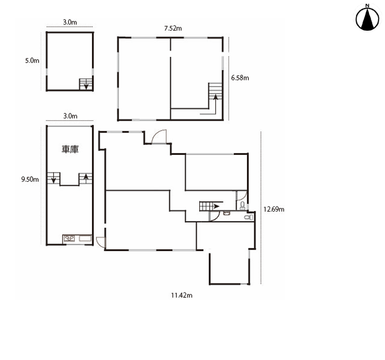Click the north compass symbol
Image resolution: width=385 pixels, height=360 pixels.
(x=367, y=18)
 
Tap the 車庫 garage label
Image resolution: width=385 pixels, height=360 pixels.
(x=70, y=149)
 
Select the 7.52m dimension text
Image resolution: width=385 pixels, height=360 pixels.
(x=173, y=28)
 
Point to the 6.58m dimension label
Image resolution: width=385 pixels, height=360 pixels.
(x=240, y=78)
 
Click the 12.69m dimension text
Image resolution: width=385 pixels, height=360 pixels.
(x=274, y=209)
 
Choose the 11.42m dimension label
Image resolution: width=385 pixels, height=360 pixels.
(x=182, y=295)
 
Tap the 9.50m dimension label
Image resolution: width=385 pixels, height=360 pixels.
(x=30, y=179)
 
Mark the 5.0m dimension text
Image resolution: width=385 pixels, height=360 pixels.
(x=32, y=61)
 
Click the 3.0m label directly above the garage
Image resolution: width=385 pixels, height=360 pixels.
(x=70, y=116)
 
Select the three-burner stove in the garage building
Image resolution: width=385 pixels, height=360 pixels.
(x=70, y=238)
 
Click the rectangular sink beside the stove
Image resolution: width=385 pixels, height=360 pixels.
(x=85, y=238)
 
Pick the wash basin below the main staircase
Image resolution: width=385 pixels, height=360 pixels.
(x=227, y=213)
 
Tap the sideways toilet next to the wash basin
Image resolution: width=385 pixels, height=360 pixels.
(x=249, y=217)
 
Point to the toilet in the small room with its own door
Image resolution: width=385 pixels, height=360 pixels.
(x=242, y=206)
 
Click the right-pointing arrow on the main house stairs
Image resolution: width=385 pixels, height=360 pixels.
(x=216, y=207)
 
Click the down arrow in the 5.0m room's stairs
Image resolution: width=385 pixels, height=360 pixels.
(x=86, y=85)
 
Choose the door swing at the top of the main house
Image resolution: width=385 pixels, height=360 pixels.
(x=159, y=137)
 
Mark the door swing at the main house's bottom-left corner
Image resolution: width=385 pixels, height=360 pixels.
(x=101, y=241)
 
